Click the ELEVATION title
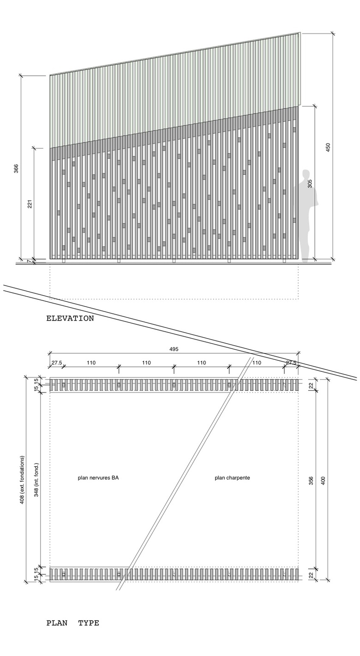click(70, 318)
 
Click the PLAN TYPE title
click(72, 623)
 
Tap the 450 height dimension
click(328, 148)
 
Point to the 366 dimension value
click(16, 169)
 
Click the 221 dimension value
click(30, 203)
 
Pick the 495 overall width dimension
click(174, 349)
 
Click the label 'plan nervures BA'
click(98, 478)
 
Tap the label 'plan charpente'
click(232, 478)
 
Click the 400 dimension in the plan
click(323, 480)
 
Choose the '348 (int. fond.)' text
click(36, 480)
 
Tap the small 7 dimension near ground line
click(29, 262)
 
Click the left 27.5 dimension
click(57, 363)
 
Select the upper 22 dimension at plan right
click(310, 385)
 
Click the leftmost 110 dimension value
click(91, 363)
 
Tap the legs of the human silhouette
click(305, 245)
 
